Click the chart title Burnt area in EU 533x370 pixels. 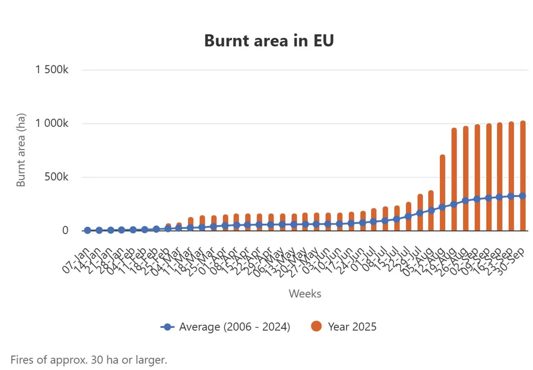[x=269, y=40]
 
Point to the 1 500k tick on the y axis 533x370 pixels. [x=52, y=69]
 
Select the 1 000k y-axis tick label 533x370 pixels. [x=52, y=123]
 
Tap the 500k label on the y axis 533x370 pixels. [x=56, y=177]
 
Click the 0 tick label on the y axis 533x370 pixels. [x=65, y=230]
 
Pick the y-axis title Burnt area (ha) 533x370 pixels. [x=21, y=150]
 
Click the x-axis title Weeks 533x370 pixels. [x=305, y=293]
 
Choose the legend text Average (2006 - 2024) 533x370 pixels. [x=234, y=326]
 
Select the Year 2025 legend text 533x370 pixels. [x=352, y=326]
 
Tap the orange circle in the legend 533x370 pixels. [x=316, y=326]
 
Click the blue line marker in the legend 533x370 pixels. [x=167, y=327]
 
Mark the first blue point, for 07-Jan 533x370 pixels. [x=87, y=230]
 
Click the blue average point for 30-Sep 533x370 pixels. [x=523, y=196]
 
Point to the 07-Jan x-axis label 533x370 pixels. [x=76, y=260]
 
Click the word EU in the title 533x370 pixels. [x=323, y=40]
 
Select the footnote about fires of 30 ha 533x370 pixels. [x=89, y=360]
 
